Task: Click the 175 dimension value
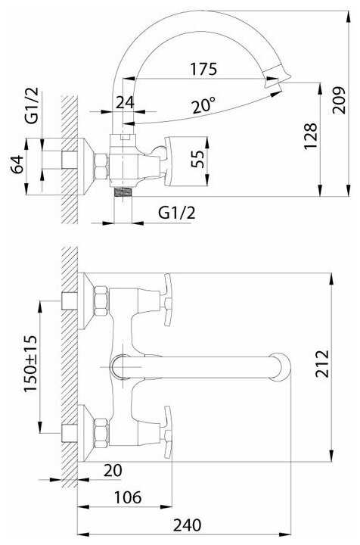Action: pyautogui.click(x=203, y=69)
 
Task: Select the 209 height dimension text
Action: pyautogui.click(x=339, y=101)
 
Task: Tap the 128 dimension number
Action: pyautogui.click(x=311, y=136)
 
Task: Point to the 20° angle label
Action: pyautogui.click(x=203, y=106)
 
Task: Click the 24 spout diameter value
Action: pyautogui.click(x=125, y=102)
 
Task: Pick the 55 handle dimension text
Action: pyautogui.click(x=198, y=159)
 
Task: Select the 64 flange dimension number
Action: pyautogui.click(x=17, y=164)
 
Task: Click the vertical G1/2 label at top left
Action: pyautogui.click(x=32, y=106)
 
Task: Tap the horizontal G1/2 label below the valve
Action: pyautogui.click(x=177, y=213)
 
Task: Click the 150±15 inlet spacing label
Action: pyautogui.click(x=30, y=363)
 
